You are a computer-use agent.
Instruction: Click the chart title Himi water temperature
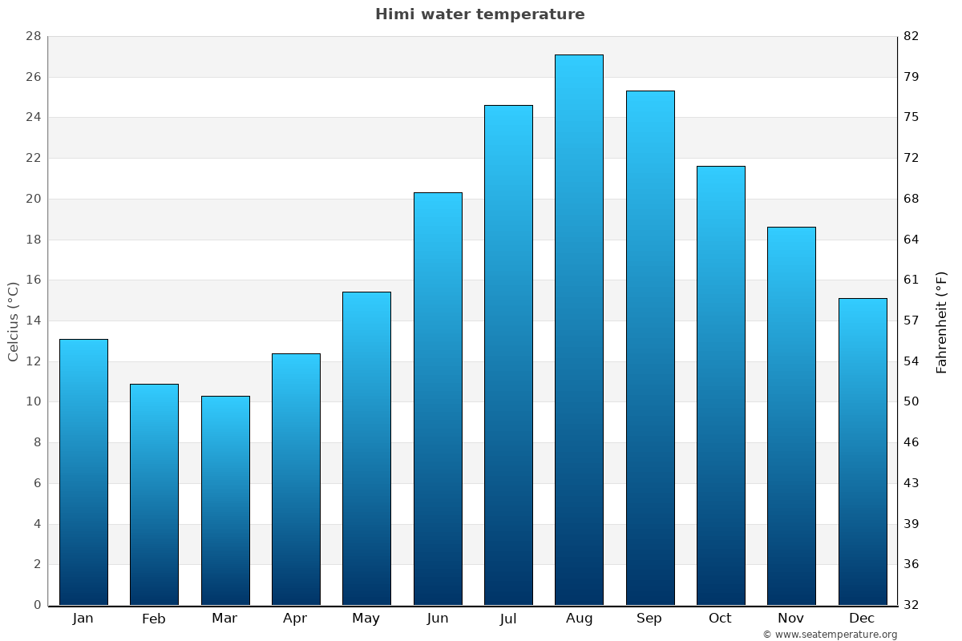tap(479, 14)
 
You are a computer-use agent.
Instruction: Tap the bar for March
tap(225, 500)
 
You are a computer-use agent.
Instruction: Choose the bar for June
tap(438, 398)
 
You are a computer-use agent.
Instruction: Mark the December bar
tap(863, 451)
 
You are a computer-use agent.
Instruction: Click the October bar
tap(721, 385)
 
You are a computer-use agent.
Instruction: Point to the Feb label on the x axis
tap(154, 619)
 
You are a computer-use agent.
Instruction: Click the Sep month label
tap(649, 619)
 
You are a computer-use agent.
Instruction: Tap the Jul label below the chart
tap(508, 619)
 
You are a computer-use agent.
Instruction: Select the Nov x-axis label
tap(791, 619)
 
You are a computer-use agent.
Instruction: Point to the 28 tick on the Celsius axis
tap(33, 36)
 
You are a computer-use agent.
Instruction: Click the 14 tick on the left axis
tap(33, 320)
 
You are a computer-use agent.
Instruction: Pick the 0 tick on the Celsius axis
tap(37, 605)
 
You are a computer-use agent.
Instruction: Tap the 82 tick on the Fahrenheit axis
tap(911, 36)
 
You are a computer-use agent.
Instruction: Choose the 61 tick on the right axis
tap(911, 280)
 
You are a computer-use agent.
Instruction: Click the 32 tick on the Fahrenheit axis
tap(911, 605)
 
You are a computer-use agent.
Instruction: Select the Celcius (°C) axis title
tap(14, 320)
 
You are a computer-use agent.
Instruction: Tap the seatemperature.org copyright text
tap(830, 635)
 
